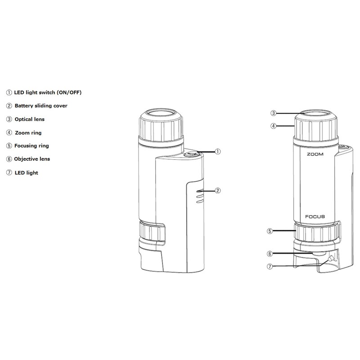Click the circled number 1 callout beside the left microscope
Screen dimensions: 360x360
click(217, 152)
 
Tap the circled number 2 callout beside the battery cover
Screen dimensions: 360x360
click(217, 190)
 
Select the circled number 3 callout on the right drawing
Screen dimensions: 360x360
click(273, 113)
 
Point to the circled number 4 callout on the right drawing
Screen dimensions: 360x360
click(273, 126)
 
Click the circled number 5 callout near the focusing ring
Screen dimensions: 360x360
click(270, 231)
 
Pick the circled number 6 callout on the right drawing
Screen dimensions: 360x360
click(270, 254)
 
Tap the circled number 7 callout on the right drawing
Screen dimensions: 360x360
click(270, 266)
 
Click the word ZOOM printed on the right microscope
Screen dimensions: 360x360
click(315, 154)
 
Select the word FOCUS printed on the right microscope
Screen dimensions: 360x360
click(315, 216)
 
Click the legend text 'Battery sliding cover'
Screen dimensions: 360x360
click(41, 106)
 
